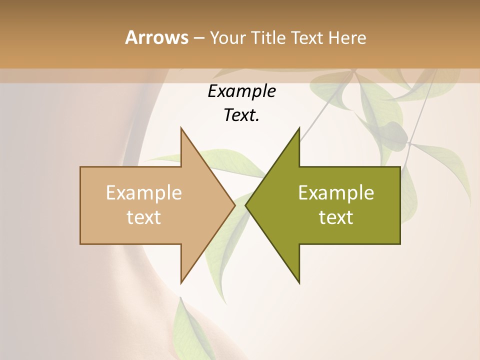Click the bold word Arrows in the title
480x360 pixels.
coord(156,37)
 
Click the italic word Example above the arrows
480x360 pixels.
coord(241,91)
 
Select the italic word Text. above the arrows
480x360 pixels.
coord(241,115)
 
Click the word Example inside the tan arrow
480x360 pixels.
coord(144,193)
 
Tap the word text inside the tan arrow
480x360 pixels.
coord(144,217)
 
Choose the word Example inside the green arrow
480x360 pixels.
coord(336,193)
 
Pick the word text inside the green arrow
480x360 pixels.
coord(336,217)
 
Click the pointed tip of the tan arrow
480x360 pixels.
coord(234,205)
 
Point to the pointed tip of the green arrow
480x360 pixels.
coord(246,205)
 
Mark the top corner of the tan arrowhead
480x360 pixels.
coord(181,128)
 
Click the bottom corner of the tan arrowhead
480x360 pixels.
coord(181,282)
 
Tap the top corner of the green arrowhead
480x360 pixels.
coord(299,128)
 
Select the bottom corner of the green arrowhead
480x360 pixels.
coord(299,282)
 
